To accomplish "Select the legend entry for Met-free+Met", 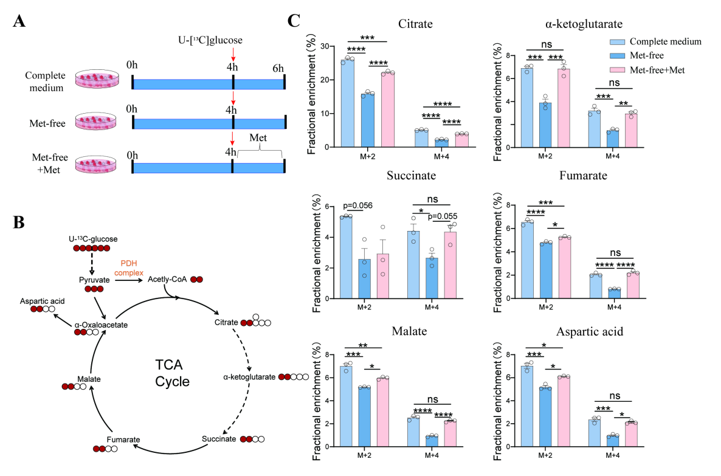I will (657, 70).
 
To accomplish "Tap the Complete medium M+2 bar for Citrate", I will (347, 103).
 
